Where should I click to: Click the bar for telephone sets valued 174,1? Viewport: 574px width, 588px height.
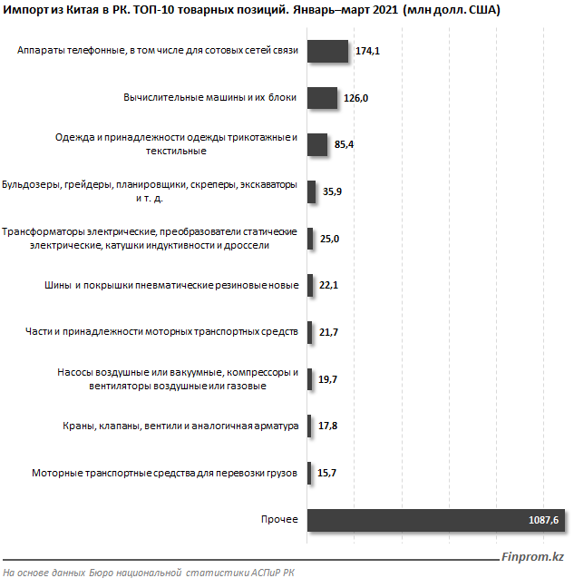click(x=328, y=51)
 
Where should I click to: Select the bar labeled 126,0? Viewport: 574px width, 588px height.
click(x=322, y=98)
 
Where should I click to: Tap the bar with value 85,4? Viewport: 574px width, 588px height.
click(x=317, y=145)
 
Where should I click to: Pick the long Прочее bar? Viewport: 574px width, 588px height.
click(x=436, y=520)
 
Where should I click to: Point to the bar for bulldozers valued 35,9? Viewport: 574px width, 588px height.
click(x=311, y=191)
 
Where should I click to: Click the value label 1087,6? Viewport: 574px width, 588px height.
click(x=543, y=520)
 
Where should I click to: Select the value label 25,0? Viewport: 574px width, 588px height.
click(x=329, y=239)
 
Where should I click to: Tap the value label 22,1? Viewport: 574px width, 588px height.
click(x=328, y=285)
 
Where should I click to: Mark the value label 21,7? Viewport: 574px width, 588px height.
click(x=328, y=332)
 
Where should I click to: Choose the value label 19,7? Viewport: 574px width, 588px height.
click(x=328, y=379)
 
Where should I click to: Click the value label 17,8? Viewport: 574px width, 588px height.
click(x=328, y=426)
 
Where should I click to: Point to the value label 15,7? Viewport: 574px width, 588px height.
click(x=327, y=473)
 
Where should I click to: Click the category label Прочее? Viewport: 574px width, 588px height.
click(x=279, y=519)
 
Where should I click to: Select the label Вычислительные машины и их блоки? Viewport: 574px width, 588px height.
click(x=210, y=97)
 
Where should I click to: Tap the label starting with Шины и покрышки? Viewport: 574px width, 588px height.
click(x=171, y=285)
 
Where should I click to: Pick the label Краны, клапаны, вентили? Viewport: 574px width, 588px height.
click(x=180, y=426)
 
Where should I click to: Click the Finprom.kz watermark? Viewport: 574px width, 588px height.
click(x=532, y=557)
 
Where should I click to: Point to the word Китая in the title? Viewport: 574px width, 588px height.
click(x=82, y=10)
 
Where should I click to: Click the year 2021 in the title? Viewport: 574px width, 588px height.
click(x=385, y=10)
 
